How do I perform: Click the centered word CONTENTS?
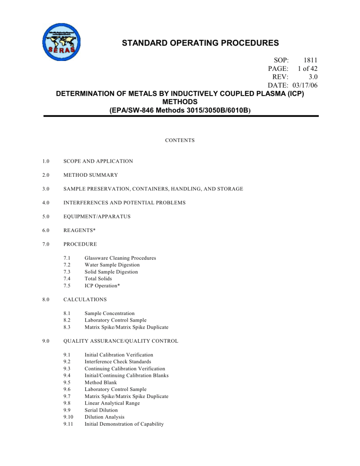(180, 140)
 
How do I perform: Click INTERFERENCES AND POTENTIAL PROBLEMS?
(125, 203)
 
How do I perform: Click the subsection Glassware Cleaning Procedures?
(120, 258)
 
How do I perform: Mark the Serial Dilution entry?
(101, 410)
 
